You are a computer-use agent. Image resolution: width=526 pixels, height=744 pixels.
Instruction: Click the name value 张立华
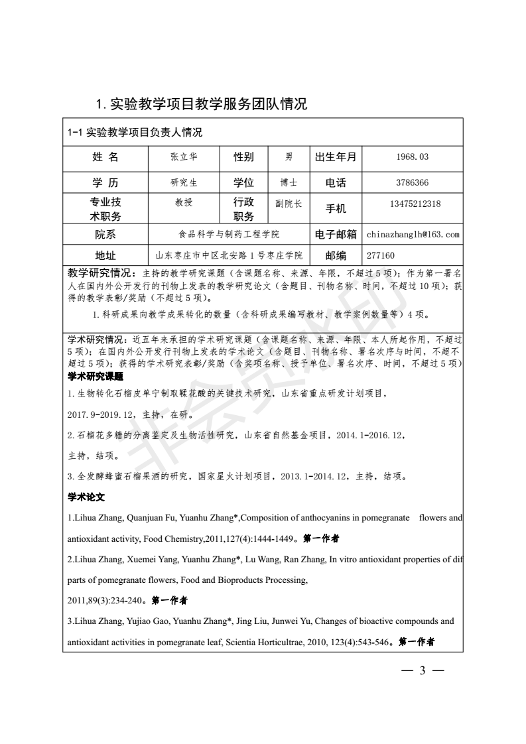click(x=184, y=157)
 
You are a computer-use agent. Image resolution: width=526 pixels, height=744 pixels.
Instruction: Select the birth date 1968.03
click(x=412, y=157)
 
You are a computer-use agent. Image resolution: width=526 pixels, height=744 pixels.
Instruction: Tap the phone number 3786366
click(x=412, y=182)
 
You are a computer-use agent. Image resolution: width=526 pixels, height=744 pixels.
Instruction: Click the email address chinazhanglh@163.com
click(x=413, y=234)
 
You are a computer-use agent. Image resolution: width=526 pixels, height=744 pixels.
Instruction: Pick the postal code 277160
click(x=381, y=255)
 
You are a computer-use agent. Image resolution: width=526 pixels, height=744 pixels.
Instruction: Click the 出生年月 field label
click(x=336, y=157)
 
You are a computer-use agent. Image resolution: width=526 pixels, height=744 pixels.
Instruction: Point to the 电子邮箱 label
click(x=336, y=234)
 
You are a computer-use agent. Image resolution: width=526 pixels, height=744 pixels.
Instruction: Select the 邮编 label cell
click(x=336, y=255)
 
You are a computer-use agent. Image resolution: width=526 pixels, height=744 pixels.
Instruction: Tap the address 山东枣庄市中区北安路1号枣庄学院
click(x=229, y=255)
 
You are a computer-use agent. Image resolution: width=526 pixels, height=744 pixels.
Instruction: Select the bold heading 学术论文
click(x=87, y=497)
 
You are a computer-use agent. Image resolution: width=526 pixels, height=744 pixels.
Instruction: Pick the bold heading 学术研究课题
click(x=96, y=377)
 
